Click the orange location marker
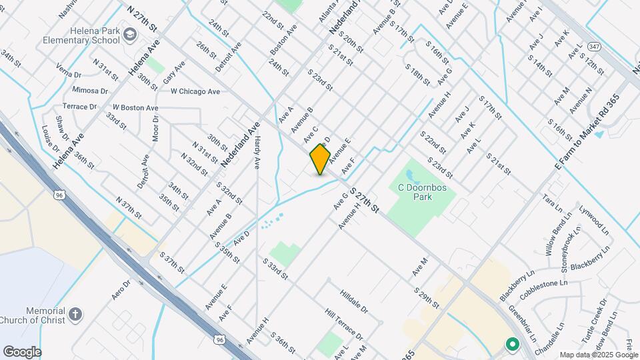pyautogui.click(x=321, y=159)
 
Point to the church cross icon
pyautogui.click(x=76, y=313)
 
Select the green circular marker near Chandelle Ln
pyautogui.click(x=512, y=344)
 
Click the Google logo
pyautogui.click(x=22, y=351)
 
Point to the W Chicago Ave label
pyautogui.click(x=195, y=91)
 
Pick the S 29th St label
pyautogui.click(x=426, y=298)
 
